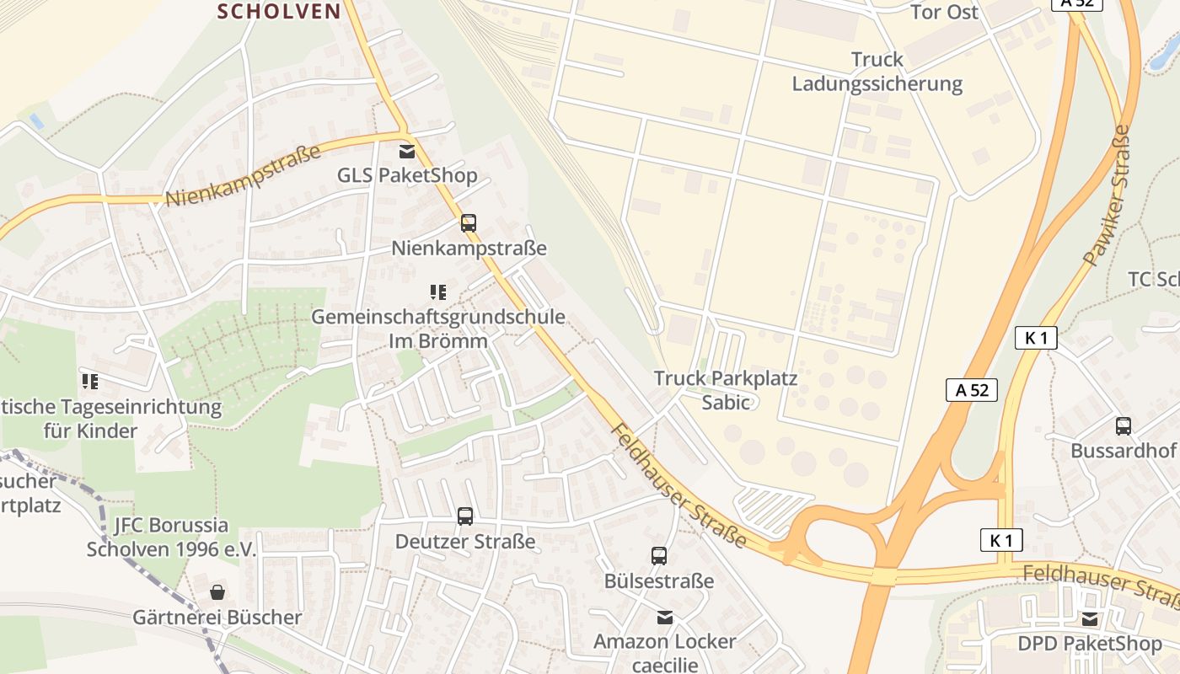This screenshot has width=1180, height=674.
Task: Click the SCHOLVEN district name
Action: click(x=279, y=12)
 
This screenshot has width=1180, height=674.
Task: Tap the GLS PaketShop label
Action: click(x=407, y=176)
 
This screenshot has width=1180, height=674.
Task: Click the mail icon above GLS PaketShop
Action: click(x=407, y=152)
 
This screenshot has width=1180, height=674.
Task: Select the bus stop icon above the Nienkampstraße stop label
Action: click(x=469, y=223)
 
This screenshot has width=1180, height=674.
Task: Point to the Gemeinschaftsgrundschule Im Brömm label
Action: click(x=438, y=329)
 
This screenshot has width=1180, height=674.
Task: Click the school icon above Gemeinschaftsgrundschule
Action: click(x=437, y=292)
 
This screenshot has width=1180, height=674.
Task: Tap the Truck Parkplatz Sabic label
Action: click(x=726, y=390)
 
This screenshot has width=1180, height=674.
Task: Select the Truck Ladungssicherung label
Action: click(x=877, y=72)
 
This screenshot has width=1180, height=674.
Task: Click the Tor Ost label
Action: click(x=945, y=12)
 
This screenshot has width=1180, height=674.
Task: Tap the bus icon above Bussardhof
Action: click(x=1124, y=426)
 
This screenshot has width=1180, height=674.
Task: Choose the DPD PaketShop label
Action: click(x=1090, y=645)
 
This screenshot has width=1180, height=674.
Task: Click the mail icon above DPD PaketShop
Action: click(x=1091, y=619)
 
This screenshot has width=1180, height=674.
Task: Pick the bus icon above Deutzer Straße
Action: click(x=465, y=516)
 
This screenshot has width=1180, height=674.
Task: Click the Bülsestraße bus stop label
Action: click(x=659, y=581)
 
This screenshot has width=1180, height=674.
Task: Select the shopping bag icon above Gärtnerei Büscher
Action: click(x=217, y=592)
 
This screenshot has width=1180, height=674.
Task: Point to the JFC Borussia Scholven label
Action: click(x=171, y=537)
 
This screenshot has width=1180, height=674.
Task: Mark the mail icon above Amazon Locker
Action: click(x=665, y=618)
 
